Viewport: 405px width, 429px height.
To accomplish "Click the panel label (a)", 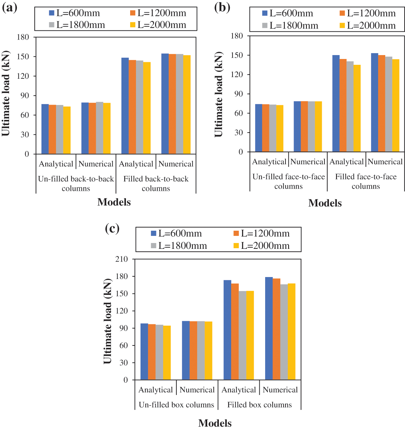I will pos(10,7).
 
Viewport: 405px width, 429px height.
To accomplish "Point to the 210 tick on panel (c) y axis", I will pos(122,259).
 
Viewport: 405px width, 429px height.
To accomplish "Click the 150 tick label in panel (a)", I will pos(23,57).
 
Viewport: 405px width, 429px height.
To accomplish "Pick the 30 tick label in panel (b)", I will pos(239,133).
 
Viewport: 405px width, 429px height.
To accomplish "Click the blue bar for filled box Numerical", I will pos(269,328).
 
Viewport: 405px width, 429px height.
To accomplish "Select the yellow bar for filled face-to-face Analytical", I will pos(357,108).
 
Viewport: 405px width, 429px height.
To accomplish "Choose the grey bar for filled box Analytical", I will pos(242,335).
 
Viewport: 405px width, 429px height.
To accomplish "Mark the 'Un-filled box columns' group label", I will pos(176,405).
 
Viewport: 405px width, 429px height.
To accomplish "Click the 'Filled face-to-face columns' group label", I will pos(366,181).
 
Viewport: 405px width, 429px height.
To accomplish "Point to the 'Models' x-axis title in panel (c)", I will pos(215,423).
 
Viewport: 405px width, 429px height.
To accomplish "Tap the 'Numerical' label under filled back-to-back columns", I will pos(176,164).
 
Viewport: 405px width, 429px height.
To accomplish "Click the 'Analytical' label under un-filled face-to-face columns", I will pos(269,162).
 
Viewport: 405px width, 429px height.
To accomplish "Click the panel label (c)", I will pos(112,228).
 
